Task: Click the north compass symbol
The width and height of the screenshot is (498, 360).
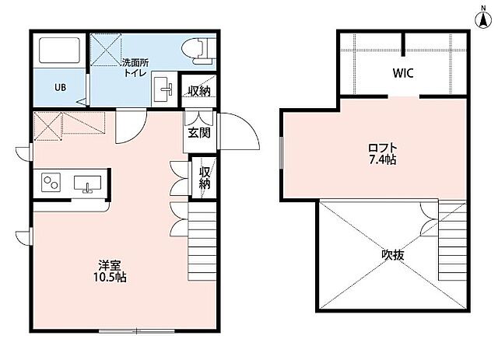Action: click(x=483, y=18)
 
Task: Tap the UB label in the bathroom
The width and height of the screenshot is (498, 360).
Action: click(x=60, y=87)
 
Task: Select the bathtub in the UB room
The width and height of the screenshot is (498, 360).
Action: click(x=59, y=51)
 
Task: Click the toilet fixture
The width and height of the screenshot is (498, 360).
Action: click(x=199, y=51)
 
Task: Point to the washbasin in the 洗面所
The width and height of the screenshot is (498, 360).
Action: click(x=164, y=89)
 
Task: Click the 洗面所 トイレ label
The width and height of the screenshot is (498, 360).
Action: click(x=135, y=68)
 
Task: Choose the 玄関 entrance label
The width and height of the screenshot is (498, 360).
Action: click(x=199, y=133)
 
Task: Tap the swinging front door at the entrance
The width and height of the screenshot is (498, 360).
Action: click(x=238, y=131)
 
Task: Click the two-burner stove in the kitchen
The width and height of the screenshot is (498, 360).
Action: click(x=51, y=182)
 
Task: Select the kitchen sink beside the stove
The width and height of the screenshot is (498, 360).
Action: click(x=88, y=184)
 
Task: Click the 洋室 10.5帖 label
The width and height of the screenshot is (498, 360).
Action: click(x=110, y=271)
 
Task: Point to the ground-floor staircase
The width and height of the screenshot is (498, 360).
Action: click(x=202, y=241)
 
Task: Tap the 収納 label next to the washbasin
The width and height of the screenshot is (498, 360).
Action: click(x=199, y=91)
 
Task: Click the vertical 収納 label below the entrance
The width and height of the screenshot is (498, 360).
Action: click(x=205, y=178)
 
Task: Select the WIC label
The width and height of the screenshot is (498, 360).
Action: click(x=403, y=73)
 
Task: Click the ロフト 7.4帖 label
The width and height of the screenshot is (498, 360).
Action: click(x=383, y=154)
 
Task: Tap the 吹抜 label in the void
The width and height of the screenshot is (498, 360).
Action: click(x=393, y=254)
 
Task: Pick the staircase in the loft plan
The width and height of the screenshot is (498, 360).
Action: click(x=453, y=240)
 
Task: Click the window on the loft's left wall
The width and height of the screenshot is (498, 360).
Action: click(x=281, y=152)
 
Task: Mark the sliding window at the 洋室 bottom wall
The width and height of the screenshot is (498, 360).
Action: click(x=137, y=330)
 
